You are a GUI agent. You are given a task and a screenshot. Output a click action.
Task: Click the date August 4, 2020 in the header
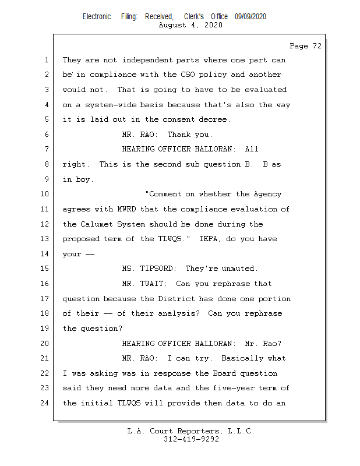pyautogui.click(x=190, y=25)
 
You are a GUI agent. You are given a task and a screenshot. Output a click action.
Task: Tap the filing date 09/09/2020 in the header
pyautogui.click(x=250, y=16)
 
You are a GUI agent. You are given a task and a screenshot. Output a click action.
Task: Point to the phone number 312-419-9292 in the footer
pyautogui.click(x=191, y=440)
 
